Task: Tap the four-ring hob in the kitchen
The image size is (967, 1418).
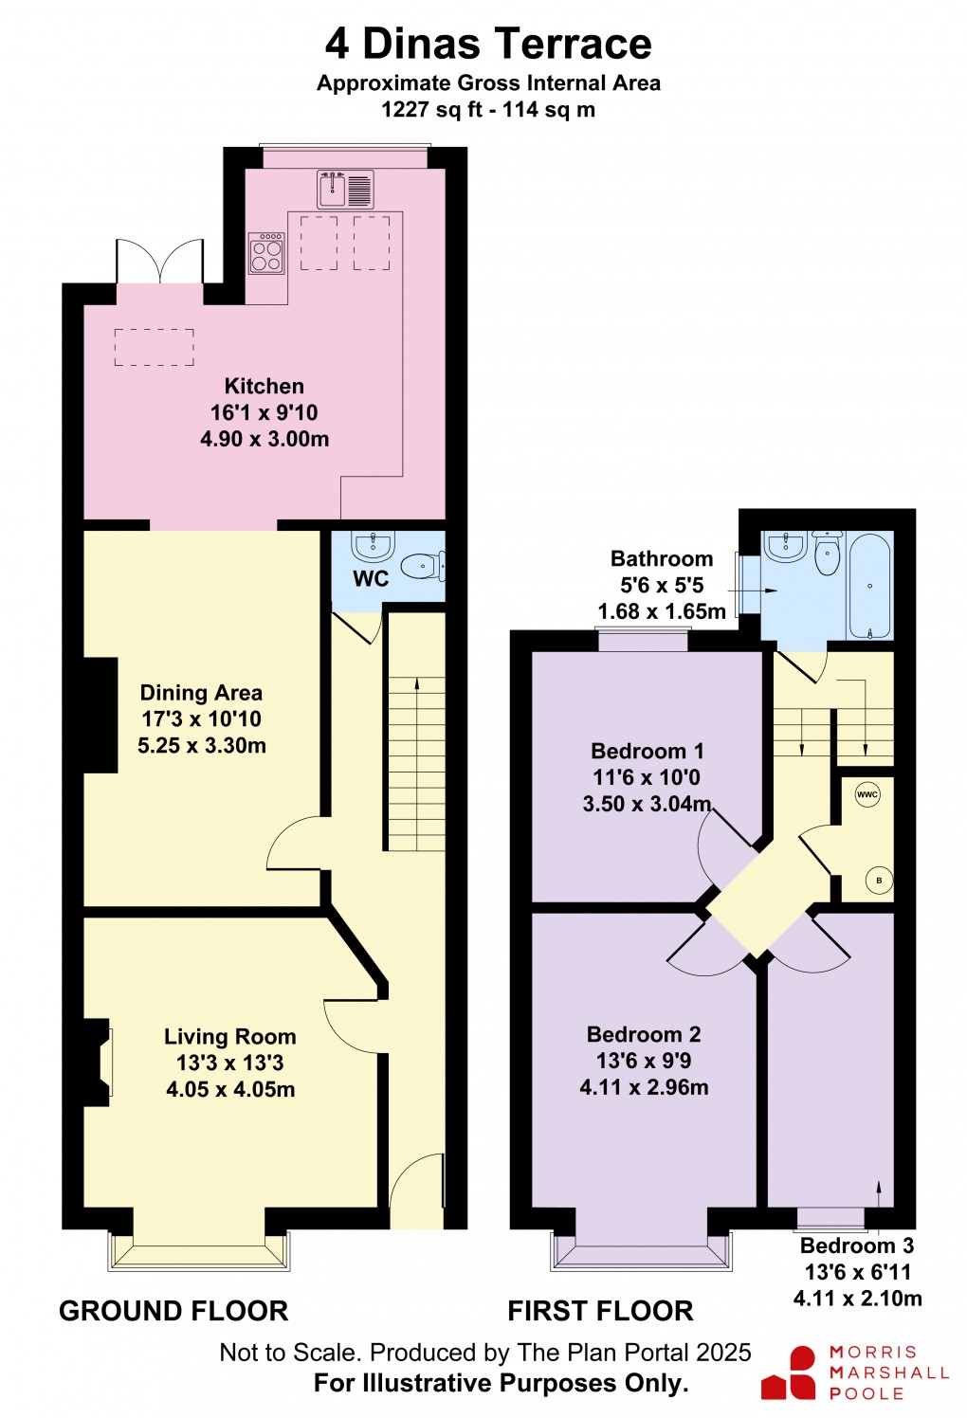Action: tap(266, 254)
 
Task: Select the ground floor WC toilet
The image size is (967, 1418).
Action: tap(422, 567)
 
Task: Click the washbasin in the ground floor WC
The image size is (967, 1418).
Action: tap(372, 546)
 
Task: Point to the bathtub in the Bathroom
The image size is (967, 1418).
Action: tap(869, 586)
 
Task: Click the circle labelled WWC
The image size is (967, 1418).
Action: tap(867, 794)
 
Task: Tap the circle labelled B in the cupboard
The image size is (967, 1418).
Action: tap(879, 881)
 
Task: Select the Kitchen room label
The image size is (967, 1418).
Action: tap(264, 386)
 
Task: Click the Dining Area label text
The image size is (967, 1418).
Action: tap(201, 693)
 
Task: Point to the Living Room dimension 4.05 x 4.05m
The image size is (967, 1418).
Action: tap(230, 1089)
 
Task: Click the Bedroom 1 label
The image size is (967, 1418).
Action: tap(647, 751)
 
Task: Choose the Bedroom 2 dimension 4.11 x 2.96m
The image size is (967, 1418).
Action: tap(644, 1087)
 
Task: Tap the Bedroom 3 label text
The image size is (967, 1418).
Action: tap(857, 1245)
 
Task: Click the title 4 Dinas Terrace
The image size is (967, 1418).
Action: tap(488, 44)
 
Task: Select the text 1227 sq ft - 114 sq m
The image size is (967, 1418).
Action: tap(488, 109)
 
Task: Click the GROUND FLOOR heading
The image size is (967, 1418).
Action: tap(173, 1311)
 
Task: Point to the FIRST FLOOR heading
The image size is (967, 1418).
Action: tap(600, 1311)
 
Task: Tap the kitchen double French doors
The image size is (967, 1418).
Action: tap(159, 262)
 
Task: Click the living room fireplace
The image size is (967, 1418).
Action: tap(99, 1062)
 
